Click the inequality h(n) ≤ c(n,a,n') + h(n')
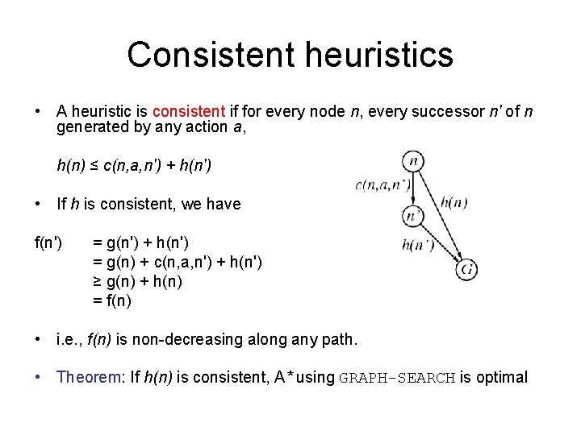click(135, 166)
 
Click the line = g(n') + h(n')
click(141, 242)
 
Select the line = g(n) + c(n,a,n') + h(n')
click(178, 263)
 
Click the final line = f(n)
click(111, 301)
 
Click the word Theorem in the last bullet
click(89, 377)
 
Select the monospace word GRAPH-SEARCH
click(399, 378)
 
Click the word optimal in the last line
click(502, 377)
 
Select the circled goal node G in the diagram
click(466, 268)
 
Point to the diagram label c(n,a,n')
click(382, 185)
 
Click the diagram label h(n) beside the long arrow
click(454, 202)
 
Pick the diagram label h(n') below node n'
click(417, 245)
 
